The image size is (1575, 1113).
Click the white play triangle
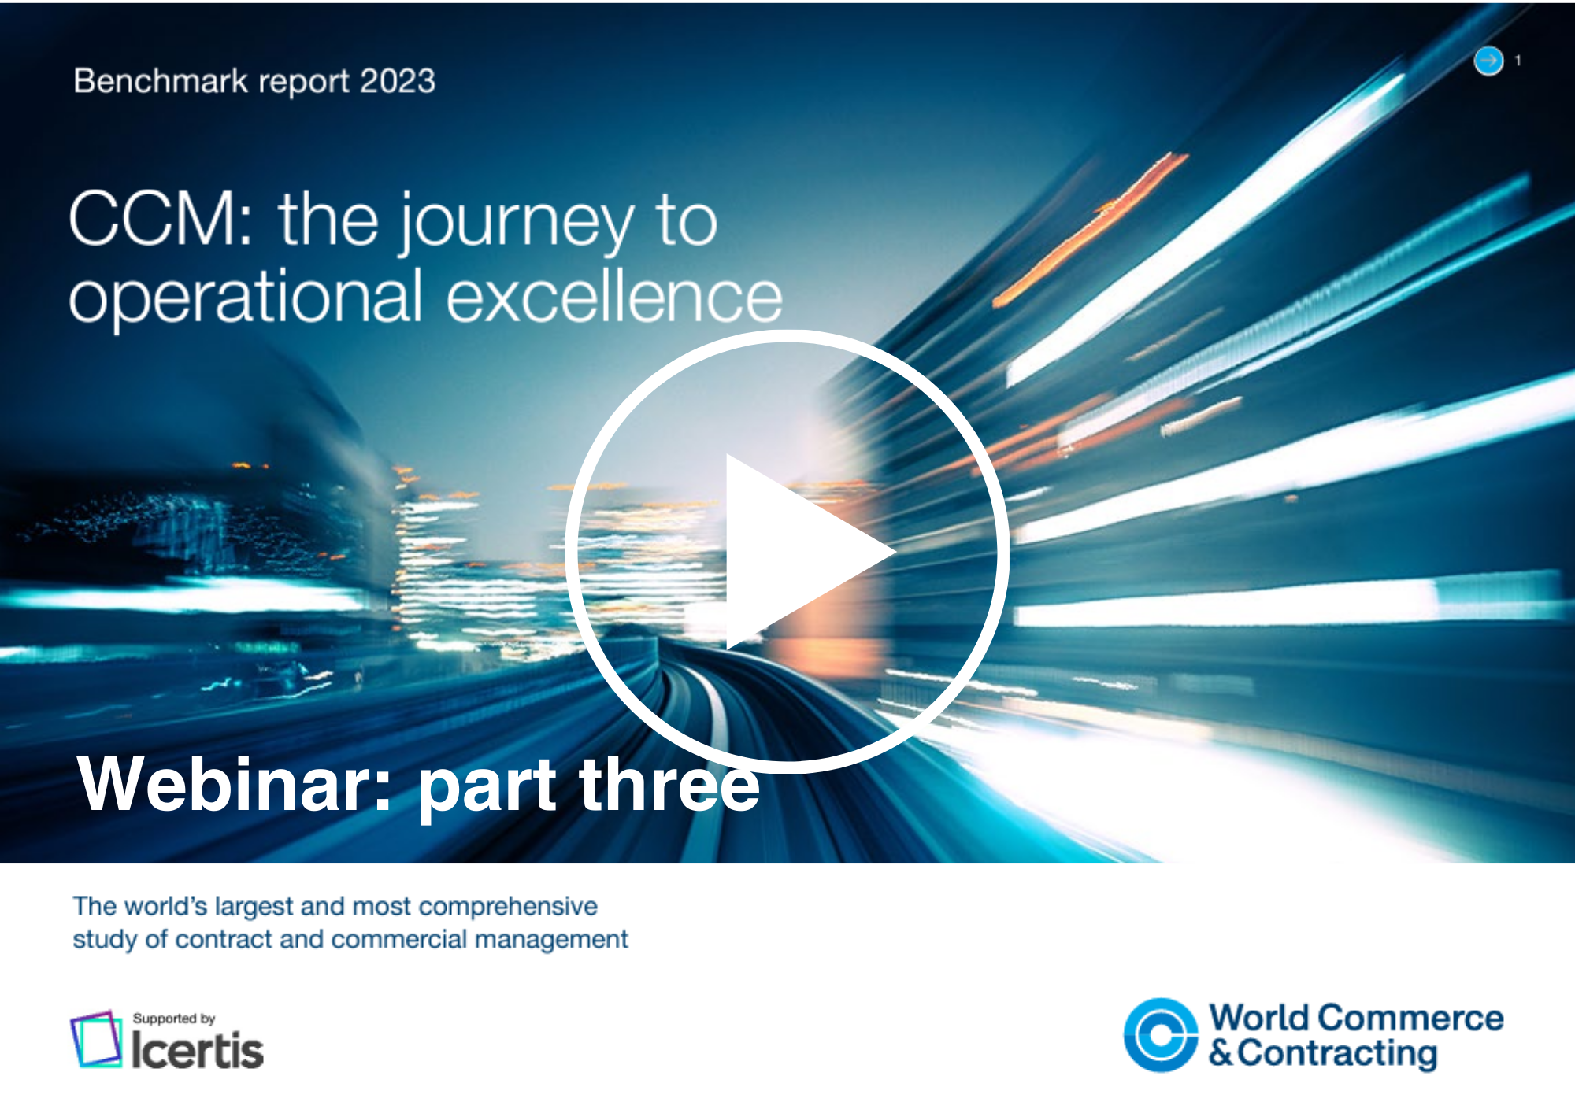tap(795, 552)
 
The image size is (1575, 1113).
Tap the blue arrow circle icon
tap(1488, 61)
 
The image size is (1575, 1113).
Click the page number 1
tap(1518, 61)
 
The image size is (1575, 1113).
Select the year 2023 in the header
tap(397, 81)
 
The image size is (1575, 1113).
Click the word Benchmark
tap(161, 81)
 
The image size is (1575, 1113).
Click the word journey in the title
tap(516, 224)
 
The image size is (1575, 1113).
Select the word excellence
tap(615, 296)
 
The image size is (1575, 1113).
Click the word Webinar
tap(234, 784)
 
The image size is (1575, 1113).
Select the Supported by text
tap(174, 1019)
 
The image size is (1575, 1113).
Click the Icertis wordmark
tap(197, 1049)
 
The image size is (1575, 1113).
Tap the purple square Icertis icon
tap(96, 1039)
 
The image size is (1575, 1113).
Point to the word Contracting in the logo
tap(1337, 1053)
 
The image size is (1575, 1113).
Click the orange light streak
tap(1091, 228)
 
